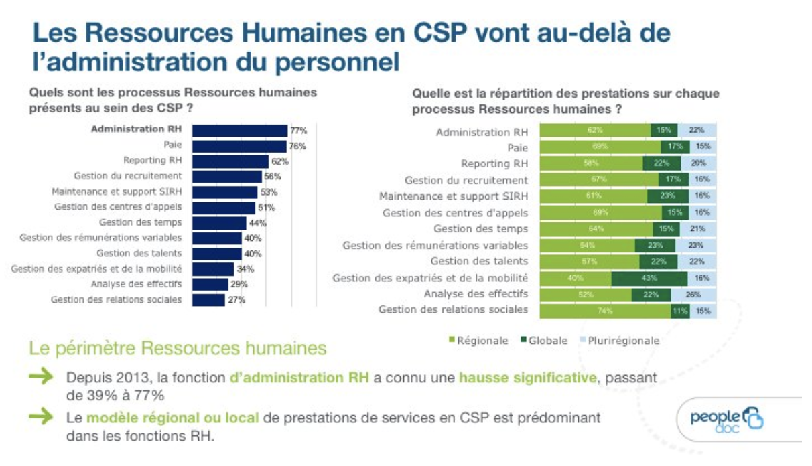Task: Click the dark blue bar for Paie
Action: click(239, 146)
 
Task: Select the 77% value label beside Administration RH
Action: click(297, 131)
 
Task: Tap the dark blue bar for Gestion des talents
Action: click(217, 254)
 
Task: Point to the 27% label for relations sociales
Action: click(236, 300)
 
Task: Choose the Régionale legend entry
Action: click(478, 341)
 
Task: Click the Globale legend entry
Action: click(543, 341)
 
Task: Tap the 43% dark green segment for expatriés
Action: click(649, 278)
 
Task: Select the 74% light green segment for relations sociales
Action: click(605, 310)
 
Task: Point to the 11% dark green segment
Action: click(680, 310)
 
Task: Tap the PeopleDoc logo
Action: click(727, 420)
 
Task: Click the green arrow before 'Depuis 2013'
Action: click(42, 378)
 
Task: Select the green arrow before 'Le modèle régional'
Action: click(42, 417)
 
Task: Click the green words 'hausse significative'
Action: click(527, 378)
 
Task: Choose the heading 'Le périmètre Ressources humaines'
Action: click(178, 348)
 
